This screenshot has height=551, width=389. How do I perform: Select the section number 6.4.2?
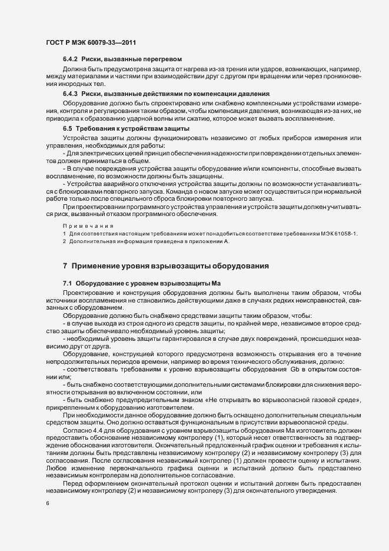click(71, 59)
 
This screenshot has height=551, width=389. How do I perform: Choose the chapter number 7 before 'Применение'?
click(65, 267)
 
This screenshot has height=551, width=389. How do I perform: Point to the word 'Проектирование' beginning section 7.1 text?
click(89, 292)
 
